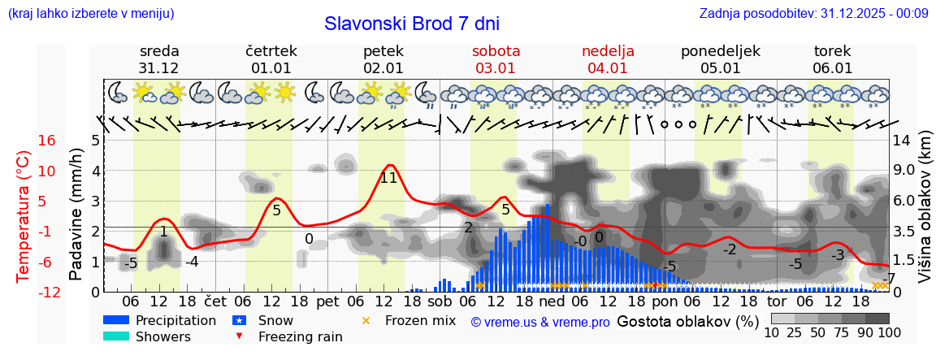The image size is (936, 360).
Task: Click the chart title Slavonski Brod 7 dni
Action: click(412, 24)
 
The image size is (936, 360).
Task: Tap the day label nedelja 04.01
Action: click(608, 59)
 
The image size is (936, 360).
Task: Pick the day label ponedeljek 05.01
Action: click(720, 59)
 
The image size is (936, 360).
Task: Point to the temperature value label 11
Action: click(388, 178)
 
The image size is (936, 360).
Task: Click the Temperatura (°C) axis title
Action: click(24, 216)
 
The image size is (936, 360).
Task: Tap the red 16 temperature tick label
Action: click(46, 141)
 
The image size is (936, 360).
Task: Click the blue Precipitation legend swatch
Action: click(116, 320)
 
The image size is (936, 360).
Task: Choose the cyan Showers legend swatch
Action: click(116, 336)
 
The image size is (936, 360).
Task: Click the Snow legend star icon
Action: click(239, 320)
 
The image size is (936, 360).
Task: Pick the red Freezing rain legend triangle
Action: click(239, 336)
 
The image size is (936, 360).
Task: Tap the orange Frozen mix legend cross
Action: click(365, 320)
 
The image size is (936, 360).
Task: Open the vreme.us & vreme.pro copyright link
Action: click(539, 322)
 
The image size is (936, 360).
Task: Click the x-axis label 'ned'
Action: click(552, 301)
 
